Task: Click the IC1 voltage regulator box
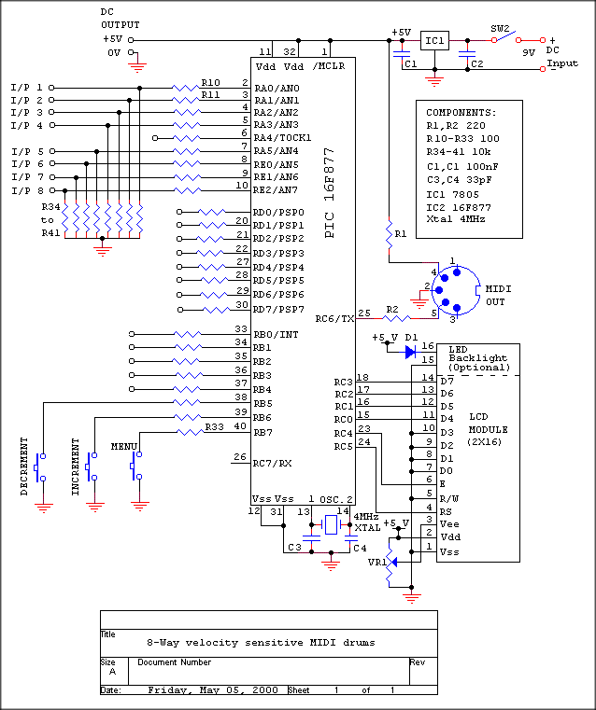435,42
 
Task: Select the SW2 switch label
501,29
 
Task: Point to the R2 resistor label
392,309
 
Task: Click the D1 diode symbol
410,352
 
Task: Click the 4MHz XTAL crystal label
367,522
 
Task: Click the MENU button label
123,446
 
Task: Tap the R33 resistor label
217,425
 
